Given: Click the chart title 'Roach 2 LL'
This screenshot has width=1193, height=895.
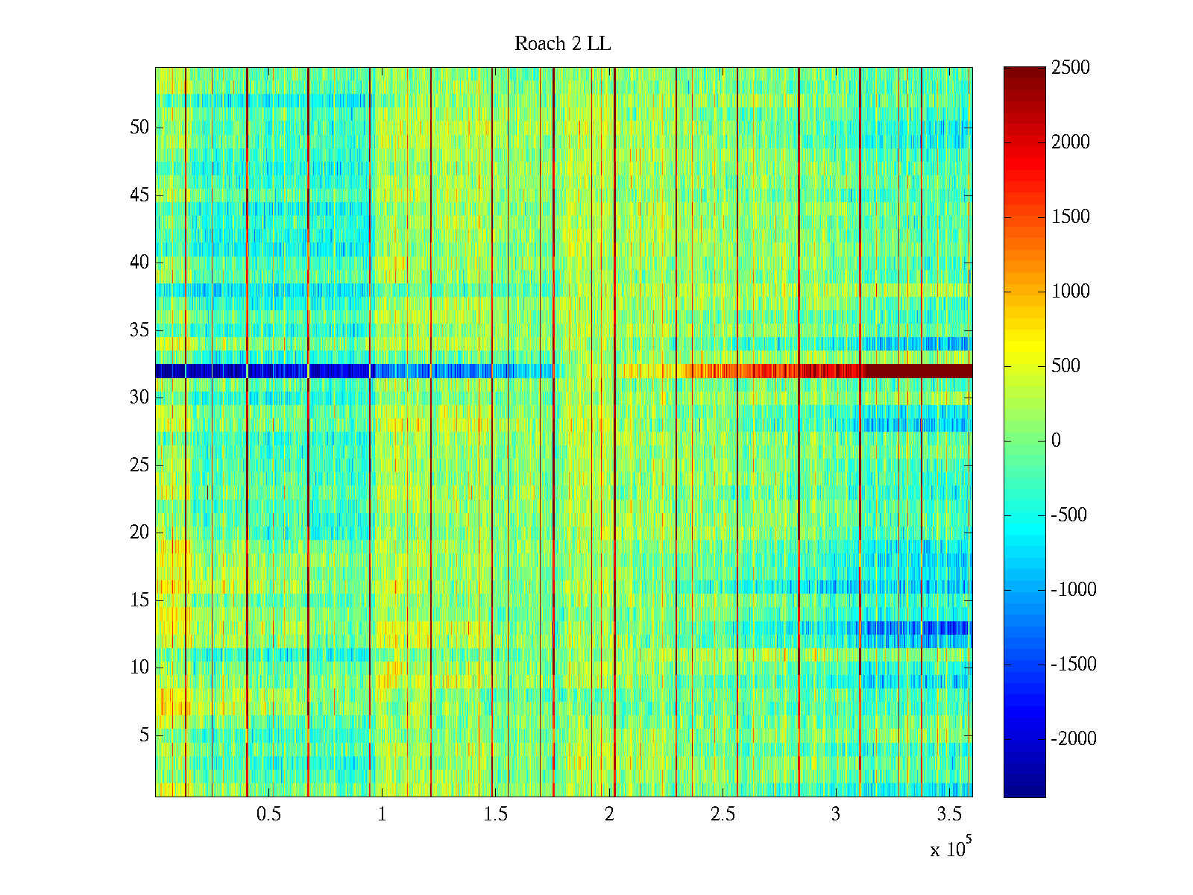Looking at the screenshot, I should [x=562, y=44].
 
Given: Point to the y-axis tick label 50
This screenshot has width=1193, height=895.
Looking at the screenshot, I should [x=139, y=128].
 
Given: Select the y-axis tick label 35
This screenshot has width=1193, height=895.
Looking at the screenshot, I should [x=139, y=330].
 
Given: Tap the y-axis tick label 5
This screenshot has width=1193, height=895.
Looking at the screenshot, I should [x=144, y=735].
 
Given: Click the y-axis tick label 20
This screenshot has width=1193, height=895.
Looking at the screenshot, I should [x=139, y=533].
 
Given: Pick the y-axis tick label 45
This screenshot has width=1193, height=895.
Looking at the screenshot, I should [x=139, y=195].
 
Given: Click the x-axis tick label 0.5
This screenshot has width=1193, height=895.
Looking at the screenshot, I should [x=268, y=814].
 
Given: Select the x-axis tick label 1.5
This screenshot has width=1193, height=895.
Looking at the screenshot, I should [x=495, y=814].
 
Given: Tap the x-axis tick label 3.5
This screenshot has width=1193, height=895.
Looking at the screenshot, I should [x=948, y=814].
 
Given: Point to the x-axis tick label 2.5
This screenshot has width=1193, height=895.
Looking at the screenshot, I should [x=722, y=814].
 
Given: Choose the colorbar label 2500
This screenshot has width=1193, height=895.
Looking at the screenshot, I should [x=1071, y=68].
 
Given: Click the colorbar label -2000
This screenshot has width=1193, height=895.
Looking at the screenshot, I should [x=1074, y=739].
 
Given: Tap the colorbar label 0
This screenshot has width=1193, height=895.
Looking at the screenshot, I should [x=1056, y=441].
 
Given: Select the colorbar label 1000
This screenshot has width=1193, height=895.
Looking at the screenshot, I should [x=1071, y=292].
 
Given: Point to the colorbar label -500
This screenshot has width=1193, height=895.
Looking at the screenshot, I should [x=1069, y=515].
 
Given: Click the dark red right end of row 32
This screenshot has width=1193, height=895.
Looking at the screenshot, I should [x=954, y=371].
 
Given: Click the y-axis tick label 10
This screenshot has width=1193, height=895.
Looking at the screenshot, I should [x=139, y=668].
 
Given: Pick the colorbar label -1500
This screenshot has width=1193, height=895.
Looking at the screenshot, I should [x=1074, y=665].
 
